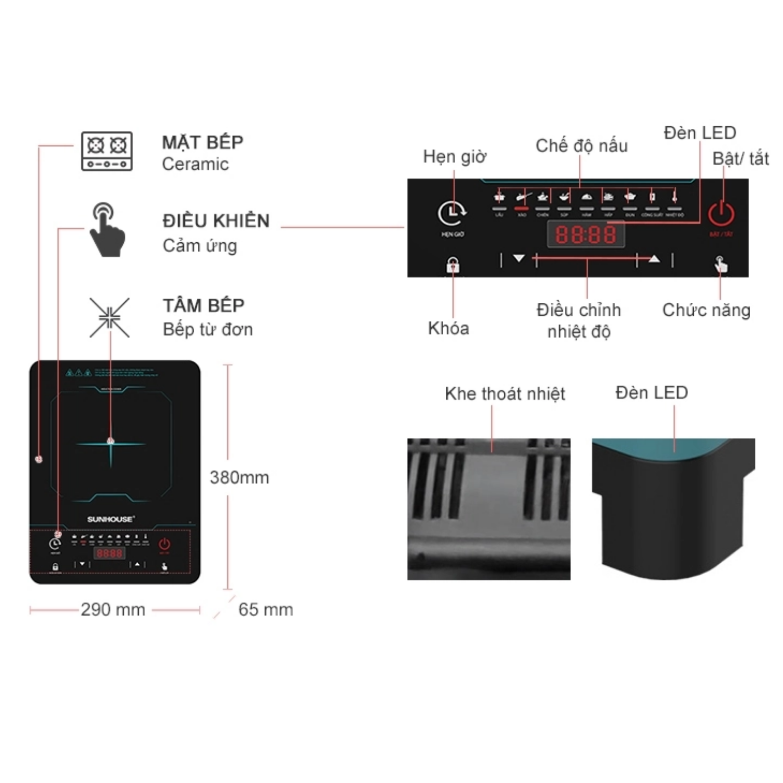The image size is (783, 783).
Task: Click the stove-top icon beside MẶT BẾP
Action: pos(107,151)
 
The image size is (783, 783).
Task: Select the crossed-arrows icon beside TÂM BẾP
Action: pos(109,317)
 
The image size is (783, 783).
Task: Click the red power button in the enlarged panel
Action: pos(721,213)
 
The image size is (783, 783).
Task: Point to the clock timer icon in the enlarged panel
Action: pos(452,212)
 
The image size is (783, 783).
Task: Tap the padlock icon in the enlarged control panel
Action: pos(453,265)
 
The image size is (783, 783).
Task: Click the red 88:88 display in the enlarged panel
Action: pos(586,234)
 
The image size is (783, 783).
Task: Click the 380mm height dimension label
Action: pos(240,477)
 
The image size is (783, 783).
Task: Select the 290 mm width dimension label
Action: pos(113,609)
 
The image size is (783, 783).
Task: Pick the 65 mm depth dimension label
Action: pos(266,609)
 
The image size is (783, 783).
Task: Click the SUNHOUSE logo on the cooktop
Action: pos(111,519)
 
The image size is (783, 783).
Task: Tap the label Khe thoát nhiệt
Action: pos(505,394)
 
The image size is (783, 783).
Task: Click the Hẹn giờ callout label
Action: pos(455,156)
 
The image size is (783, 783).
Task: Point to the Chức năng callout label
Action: pos(706,310)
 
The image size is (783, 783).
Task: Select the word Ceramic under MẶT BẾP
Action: pos(195,164)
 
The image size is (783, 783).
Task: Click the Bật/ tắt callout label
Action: pos(740,158)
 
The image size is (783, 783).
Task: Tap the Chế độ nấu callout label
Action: pos(582,146)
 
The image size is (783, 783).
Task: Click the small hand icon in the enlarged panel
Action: pos(721,264)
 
